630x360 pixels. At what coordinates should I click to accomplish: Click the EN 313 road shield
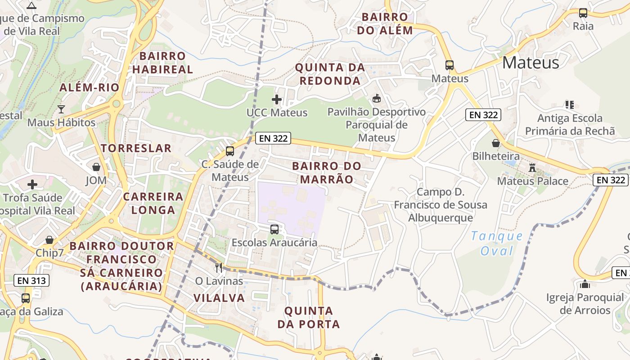pos(31,280)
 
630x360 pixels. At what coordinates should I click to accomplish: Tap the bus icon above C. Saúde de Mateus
pos(230,151)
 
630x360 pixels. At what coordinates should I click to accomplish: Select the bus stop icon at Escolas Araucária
pos(274,229)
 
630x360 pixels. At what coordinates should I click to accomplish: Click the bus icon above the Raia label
pos(583,13)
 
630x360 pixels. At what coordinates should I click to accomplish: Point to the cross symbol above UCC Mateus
pos(277,99)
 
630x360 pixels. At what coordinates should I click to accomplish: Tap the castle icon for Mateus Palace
pos(532,168)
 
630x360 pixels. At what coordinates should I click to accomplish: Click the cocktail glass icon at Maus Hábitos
pos(61,109)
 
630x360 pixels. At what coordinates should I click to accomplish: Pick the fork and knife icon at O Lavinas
pos(219,268)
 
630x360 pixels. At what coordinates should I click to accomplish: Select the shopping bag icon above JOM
pos(96,167)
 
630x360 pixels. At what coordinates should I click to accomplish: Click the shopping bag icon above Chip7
pos(49,240)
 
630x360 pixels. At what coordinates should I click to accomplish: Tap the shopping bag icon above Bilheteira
pos(496,143)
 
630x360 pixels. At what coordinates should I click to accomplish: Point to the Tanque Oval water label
pos(497,243)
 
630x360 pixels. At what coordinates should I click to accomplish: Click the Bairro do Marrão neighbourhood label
pos(327,172)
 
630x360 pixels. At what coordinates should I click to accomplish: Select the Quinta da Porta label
pos(309,317)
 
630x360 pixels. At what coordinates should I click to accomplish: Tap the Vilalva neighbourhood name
pos(219,297)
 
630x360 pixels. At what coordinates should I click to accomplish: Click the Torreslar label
pos(136,148)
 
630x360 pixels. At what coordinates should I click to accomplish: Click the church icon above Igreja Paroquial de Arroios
pos(585,284)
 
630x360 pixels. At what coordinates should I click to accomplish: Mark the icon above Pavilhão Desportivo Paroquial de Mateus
pos(377,99)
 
